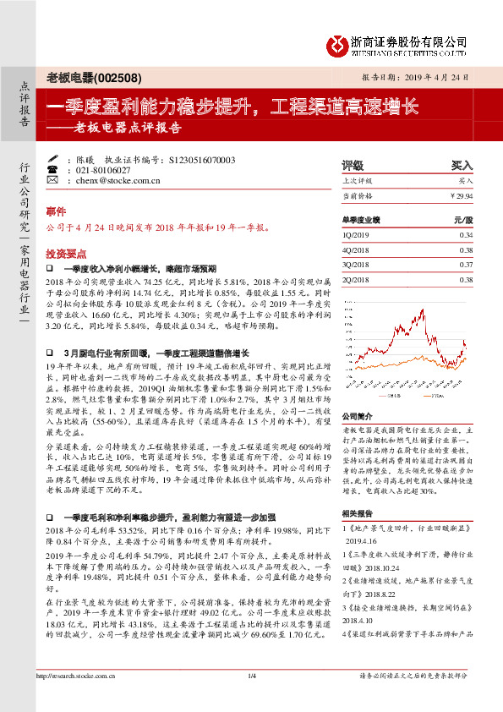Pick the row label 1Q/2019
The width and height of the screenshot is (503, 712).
click(x=358, y=234)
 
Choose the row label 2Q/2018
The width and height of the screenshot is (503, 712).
click(x=358, y=280)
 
